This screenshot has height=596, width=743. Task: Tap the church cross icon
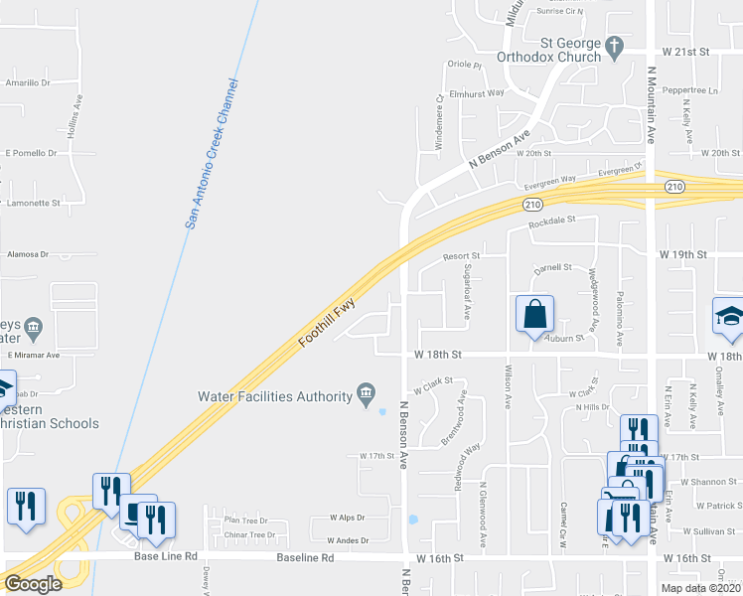(x=615, y=45)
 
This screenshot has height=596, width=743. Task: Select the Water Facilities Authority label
(x=275, y=395)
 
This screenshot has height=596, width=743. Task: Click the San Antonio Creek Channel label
(x=212, y=154)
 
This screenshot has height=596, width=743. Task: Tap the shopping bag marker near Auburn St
(x=534, y=313)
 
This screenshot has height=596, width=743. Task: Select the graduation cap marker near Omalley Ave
(x=728, y=316)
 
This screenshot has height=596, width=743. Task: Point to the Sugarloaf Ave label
(x=466, y=290)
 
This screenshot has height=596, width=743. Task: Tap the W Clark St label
(x=433, y=381)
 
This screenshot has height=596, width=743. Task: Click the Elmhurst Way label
(x=477, y=92)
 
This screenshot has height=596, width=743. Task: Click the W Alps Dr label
(x=346, y=518)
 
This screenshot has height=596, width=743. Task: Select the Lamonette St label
(x=34, y=202)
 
